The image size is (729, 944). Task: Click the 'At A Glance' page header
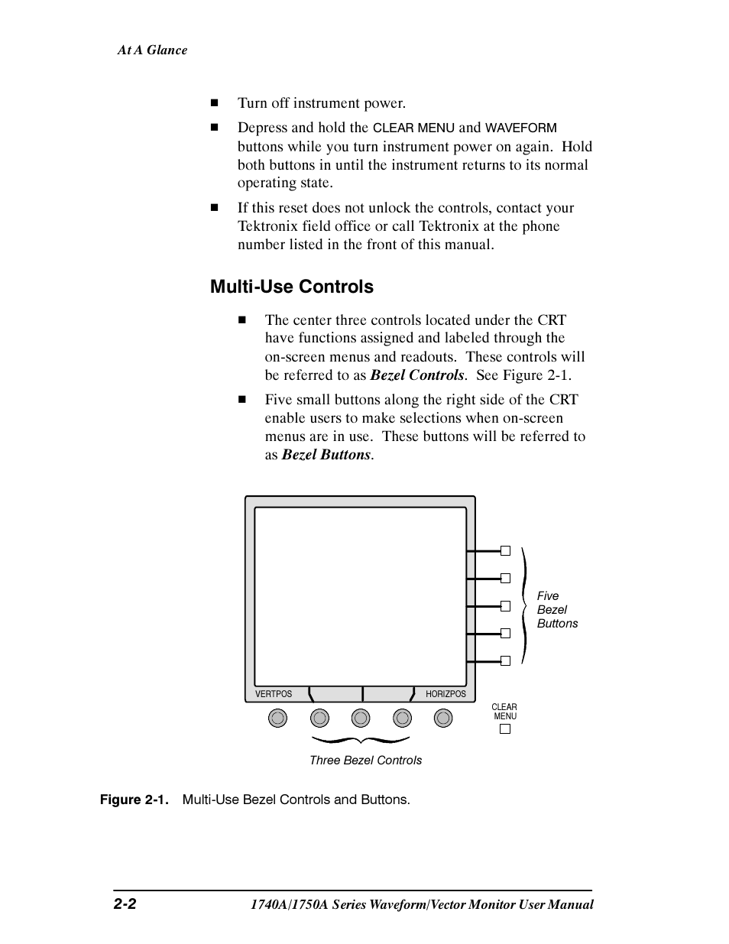[152, 50]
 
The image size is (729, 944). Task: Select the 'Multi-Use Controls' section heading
[292, 287]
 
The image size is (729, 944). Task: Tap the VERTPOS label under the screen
[274, 694]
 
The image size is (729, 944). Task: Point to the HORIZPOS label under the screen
[446, 694]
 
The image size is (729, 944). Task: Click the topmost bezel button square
[505, 550]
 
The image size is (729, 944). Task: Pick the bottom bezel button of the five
[505, 660]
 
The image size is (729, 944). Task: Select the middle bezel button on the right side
[505, 605]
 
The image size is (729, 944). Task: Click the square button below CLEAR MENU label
[504, 728]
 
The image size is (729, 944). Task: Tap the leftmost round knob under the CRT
[278, 718]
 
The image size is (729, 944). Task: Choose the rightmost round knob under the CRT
[443, 718]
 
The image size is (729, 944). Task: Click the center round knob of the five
[361, 718]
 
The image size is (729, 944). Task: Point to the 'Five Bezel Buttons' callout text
[556, 610]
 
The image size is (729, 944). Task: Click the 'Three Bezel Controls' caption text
[365, 761]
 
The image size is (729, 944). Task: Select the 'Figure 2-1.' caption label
[134, 800]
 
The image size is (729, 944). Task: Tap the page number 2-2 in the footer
[125, 904]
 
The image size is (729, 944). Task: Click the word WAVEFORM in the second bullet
[521, 128]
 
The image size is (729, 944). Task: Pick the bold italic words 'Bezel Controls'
[417, 375]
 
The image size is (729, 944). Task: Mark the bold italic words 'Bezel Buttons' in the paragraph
[326, 455]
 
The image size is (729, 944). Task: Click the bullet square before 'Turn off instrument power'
[215, 103]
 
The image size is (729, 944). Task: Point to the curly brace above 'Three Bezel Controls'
[361, 740]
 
